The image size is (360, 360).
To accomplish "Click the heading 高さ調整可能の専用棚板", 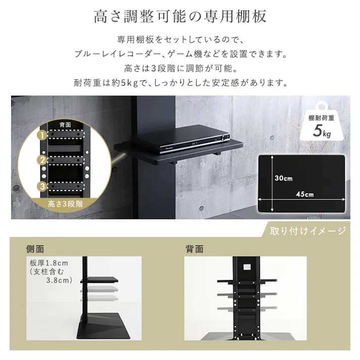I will [180, 17].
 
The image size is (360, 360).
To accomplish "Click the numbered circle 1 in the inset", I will [43, 135].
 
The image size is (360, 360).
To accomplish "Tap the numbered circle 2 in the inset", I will [43, 161].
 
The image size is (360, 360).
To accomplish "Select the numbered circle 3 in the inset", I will [43, 186].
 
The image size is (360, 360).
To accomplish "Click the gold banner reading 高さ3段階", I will [65, 204].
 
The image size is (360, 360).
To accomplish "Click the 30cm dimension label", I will [283, 178].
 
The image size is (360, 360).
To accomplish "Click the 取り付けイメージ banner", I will [307, 231].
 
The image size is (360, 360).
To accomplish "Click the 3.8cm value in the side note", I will [60, 280].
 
